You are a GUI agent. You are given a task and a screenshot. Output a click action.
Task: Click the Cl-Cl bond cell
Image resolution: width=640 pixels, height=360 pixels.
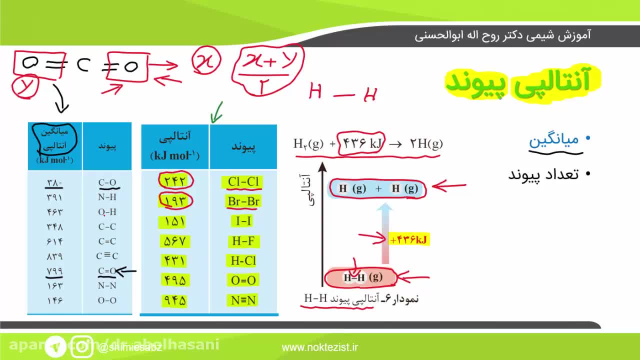click(243, 182)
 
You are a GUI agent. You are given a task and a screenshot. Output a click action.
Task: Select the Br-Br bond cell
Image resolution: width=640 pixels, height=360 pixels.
click(243, 201)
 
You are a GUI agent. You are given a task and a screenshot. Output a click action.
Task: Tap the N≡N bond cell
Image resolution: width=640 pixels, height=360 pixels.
click(243, 300)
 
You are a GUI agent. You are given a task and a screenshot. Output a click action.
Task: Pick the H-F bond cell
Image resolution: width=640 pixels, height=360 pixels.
click(243, 241)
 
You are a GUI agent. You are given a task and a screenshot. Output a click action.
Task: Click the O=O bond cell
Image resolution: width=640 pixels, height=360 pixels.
click(243, 280)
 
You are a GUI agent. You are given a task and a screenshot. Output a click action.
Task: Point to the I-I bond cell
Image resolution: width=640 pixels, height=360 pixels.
click(243, 221)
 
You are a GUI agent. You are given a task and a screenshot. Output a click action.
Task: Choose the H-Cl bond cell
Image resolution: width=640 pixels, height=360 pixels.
click(243, 260)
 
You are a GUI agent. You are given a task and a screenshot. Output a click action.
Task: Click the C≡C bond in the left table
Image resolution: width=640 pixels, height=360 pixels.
click(107, 256)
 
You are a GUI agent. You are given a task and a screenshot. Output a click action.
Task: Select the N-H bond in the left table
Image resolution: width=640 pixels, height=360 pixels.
click(107, 197)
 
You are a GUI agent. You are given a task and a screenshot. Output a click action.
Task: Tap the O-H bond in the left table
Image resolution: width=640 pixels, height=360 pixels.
click(107, 212)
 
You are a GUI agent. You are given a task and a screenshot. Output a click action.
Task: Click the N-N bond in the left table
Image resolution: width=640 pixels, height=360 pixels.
click(107, 285)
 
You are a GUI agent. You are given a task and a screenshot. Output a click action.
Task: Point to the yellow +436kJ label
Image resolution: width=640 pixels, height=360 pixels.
click(409, 240)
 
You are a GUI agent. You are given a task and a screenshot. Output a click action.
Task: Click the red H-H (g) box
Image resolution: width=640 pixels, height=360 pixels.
click(361, 277)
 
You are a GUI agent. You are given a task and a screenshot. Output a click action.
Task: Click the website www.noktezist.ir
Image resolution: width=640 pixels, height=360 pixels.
click(320, 347)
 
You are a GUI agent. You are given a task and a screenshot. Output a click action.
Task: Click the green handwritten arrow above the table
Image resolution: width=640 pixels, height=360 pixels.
click(216, 112)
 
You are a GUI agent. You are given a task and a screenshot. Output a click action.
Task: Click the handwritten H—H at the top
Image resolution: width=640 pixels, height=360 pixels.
click(342, 93)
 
